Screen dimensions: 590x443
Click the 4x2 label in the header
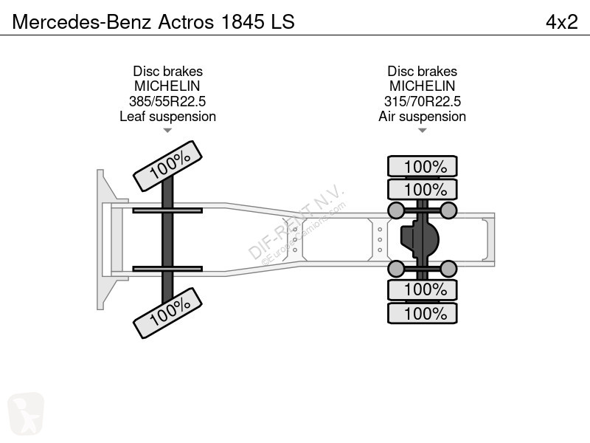tap(561, 22)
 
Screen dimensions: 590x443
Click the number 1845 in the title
tap(243, 22)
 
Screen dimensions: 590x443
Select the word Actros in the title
tap(186, 22)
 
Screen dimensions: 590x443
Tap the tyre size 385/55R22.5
tap(167, 101)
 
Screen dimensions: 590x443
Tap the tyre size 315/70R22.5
tap(422, 101)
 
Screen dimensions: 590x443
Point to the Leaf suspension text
tap(167, 117)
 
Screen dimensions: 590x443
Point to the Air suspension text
tap(422, 117)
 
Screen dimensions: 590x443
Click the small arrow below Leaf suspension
tap(167, 131)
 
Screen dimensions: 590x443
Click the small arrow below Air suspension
tap(422, 131)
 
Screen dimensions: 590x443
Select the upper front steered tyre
tap(168, 166)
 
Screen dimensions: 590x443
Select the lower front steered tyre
tap(168, 313)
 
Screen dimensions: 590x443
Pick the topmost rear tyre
tap(422, 166)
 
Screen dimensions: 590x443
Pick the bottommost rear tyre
tap(422, 313)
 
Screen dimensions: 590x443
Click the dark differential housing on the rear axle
tap(419, 239)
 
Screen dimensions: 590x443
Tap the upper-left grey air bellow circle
tap(395, 210)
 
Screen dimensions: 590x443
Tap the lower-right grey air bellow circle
tap(448, 269)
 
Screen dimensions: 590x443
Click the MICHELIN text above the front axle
tap(167, 86)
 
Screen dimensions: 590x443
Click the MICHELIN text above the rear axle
tap(422, 86)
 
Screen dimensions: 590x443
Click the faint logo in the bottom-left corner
tap(26, 413)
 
